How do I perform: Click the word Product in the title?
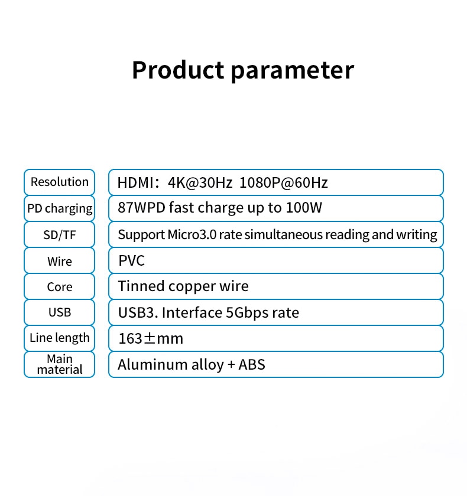click(179, 70)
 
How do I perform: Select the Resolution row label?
click(60, 182)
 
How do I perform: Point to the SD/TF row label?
click(60, 235)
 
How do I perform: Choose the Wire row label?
click(60, 261)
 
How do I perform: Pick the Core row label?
click(60, 287)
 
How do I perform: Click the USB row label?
click(60, 312)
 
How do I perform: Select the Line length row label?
click(60, 338)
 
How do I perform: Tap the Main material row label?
click(60, 364)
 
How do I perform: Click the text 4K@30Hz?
click(200, 183)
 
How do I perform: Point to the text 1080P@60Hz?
click(284, 183)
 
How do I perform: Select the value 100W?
click(304, 208)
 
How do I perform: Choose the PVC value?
click(131, 260)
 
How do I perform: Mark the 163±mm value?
click(151, 338)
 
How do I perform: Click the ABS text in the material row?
click(252, 364)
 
